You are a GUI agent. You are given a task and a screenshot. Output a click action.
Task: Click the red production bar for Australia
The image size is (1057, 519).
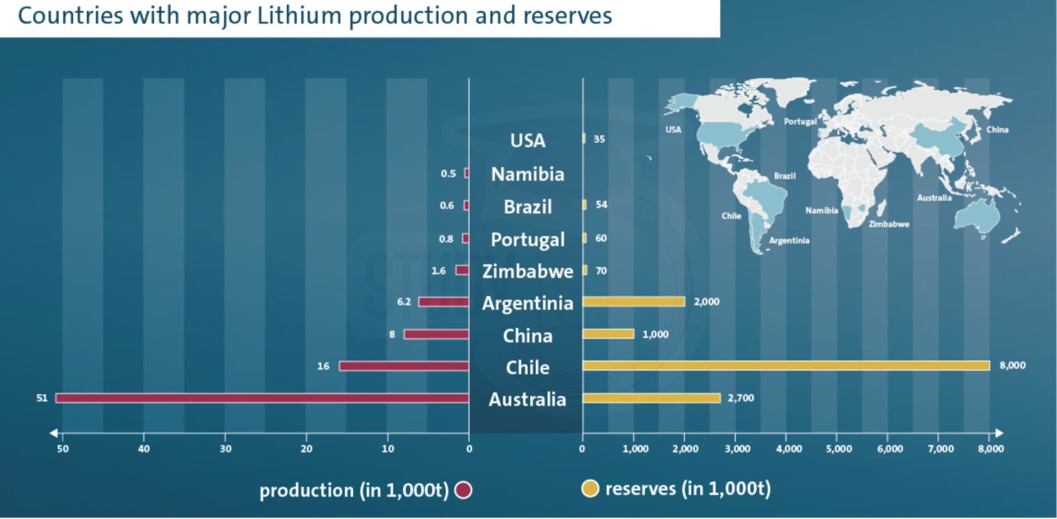[x=261, y=398]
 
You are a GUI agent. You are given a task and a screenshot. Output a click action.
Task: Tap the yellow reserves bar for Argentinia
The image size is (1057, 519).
[x=634, y=302]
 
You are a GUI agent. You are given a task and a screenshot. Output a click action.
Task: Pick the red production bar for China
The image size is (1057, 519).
[x=436, y=334]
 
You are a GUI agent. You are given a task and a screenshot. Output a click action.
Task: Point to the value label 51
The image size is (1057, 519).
[x=42, y=398]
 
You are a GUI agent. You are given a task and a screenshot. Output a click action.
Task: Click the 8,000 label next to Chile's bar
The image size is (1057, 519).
[x=1012, y=366]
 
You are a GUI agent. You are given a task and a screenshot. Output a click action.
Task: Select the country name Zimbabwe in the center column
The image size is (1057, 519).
[x=527, y=272]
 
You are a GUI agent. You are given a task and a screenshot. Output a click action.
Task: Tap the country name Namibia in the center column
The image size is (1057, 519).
[x=527, y=175]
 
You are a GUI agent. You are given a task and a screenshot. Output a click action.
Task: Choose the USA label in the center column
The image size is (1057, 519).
[x=527, y=141]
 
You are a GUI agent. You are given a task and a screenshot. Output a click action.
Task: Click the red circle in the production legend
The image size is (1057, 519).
[x=463, y=490]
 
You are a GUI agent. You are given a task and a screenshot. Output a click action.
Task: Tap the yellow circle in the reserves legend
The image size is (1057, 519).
[x=590, y=489]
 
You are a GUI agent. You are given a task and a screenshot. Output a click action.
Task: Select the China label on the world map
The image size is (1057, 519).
[x=997, y=130]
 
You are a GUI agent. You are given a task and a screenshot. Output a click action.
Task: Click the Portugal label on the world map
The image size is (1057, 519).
[x=800, y=122]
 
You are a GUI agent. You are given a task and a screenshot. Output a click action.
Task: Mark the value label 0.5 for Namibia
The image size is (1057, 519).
[x=448, y=174]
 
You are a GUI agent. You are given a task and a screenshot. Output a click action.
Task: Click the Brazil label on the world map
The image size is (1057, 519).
[x=784, y=176]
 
